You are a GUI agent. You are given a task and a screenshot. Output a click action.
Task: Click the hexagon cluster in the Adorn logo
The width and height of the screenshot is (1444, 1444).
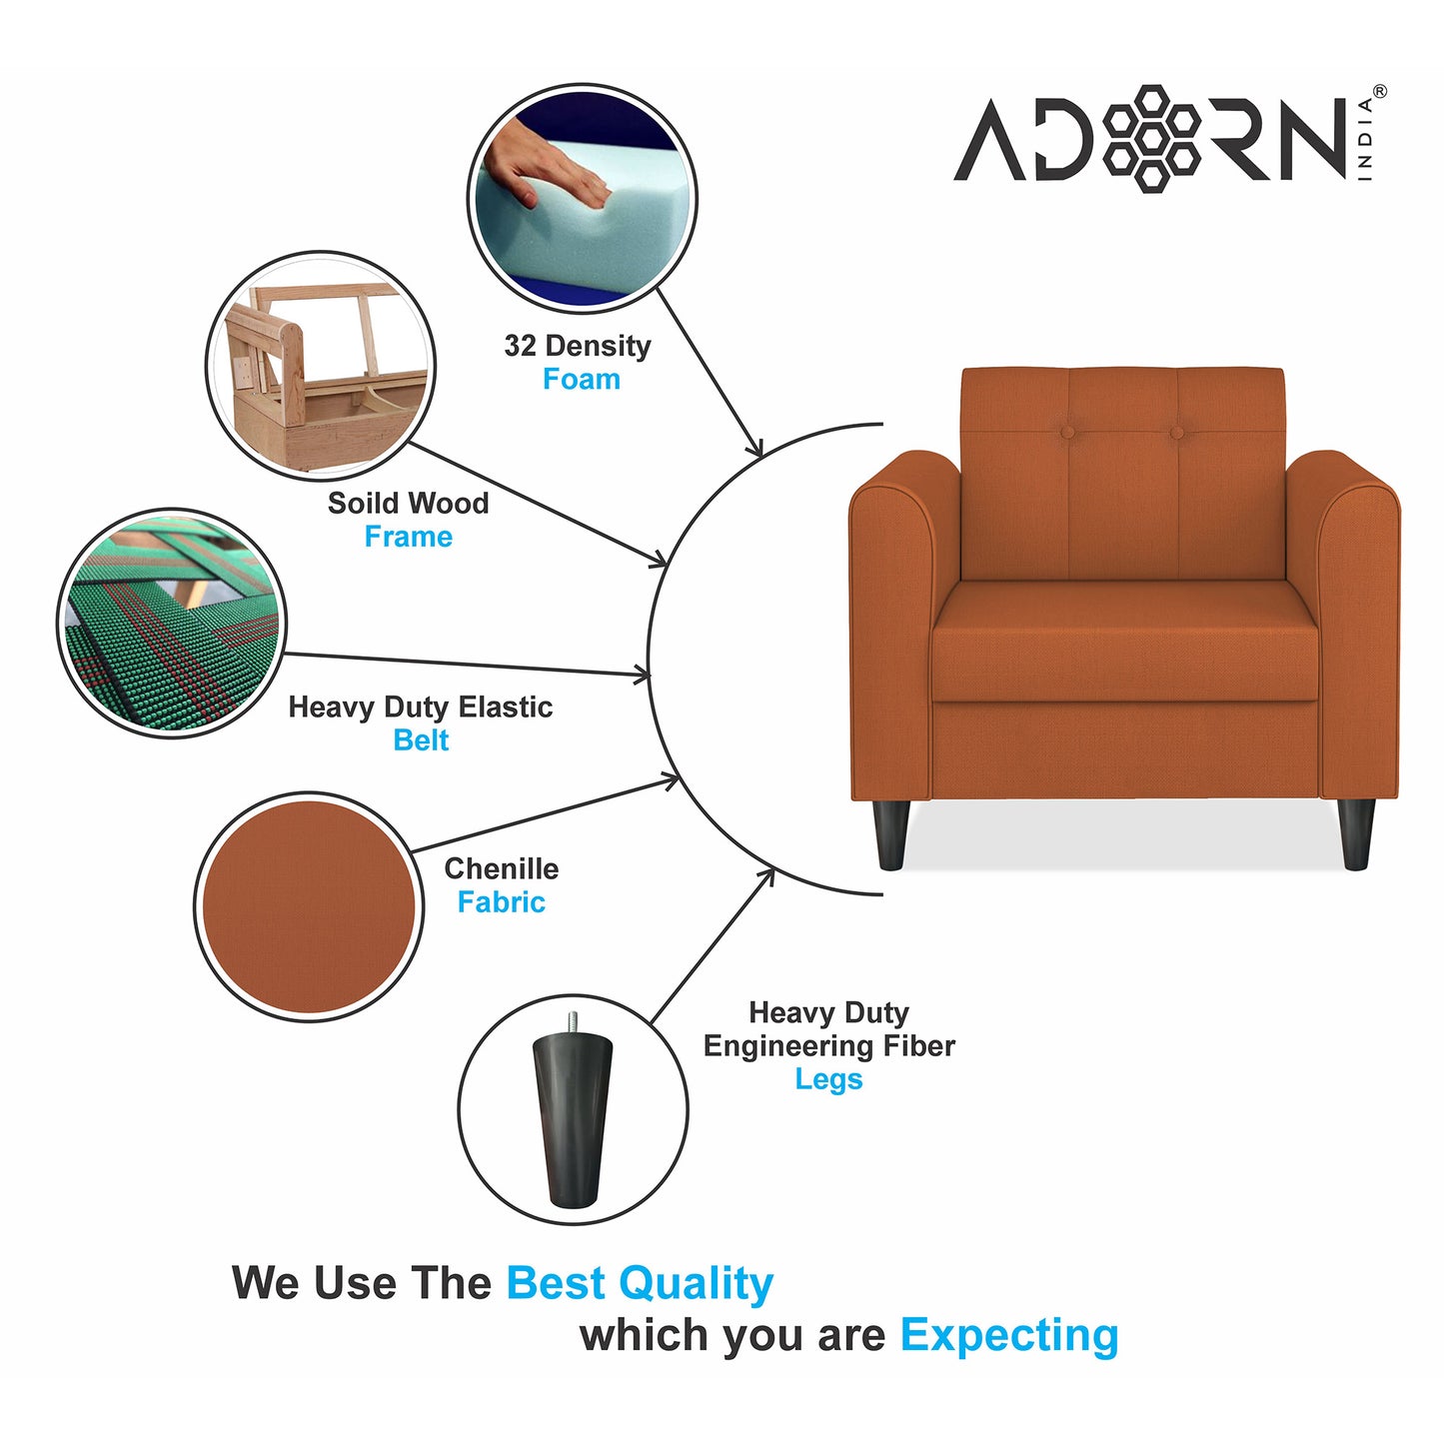(x=1152, y=138)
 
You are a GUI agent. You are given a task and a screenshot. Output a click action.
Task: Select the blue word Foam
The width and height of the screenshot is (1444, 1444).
(x=581, y=380)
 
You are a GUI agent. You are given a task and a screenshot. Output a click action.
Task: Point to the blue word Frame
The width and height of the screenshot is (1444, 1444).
(x=408, y=538)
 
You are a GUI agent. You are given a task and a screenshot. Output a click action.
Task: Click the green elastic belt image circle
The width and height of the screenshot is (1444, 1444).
(x=172, y=624)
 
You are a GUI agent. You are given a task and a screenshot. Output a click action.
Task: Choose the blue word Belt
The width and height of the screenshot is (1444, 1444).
(x=421, y=740)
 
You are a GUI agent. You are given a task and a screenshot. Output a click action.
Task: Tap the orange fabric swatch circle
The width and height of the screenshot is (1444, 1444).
(x=308, y=906)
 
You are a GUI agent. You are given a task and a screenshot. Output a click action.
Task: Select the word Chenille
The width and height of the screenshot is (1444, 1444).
(x=501, y=868)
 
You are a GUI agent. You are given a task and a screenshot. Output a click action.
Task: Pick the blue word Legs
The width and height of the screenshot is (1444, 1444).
(x=828, y=1079)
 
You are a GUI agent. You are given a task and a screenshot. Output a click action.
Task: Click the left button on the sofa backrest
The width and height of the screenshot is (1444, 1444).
(x=1067, y=433)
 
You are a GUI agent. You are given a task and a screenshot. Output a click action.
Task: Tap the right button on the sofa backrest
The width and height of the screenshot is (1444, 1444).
(x=1176, y=433)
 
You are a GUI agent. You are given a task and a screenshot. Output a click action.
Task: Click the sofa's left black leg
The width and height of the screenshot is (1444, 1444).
(x=889, y=833)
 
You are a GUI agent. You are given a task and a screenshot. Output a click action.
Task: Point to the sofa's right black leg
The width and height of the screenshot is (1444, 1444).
(x=1356, y=833)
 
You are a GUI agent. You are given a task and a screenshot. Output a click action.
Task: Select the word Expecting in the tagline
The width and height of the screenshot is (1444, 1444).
(x=1009, y=1335)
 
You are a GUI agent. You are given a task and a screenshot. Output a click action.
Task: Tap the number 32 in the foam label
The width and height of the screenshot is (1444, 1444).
(x=520, y=346)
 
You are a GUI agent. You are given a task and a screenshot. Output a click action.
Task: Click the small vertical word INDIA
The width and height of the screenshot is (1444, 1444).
(x=1366, y=139)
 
